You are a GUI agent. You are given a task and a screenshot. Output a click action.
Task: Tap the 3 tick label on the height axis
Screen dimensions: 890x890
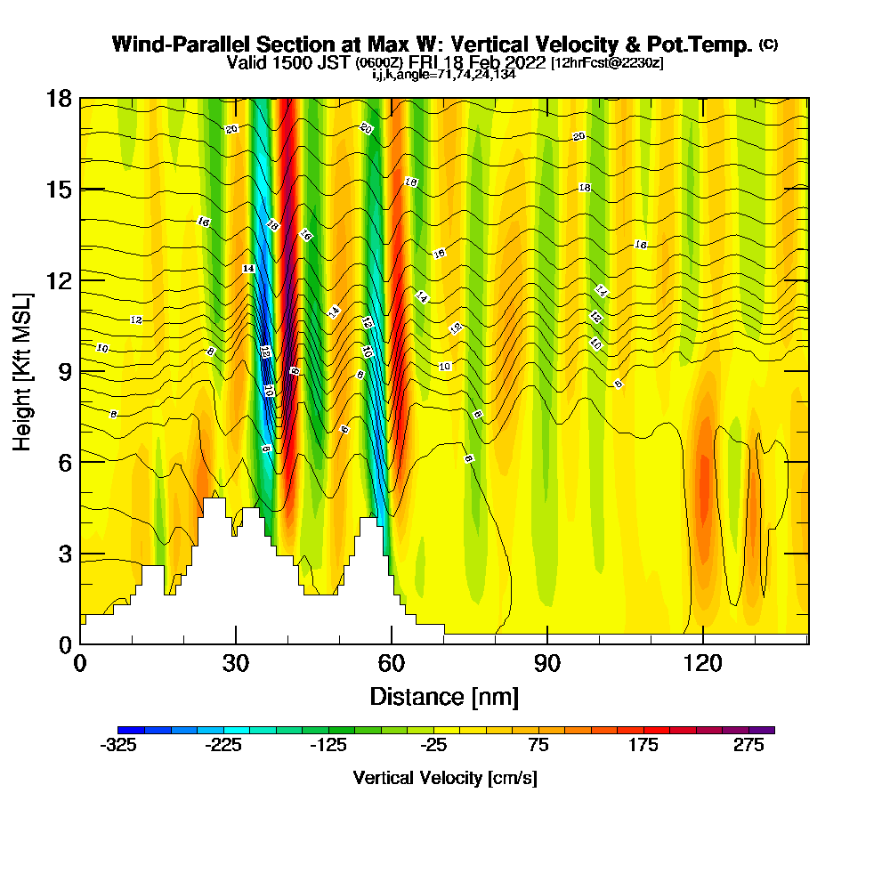[x=64, y=554]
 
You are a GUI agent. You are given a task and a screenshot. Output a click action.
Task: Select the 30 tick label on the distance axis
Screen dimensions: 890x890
[x=236, y=664]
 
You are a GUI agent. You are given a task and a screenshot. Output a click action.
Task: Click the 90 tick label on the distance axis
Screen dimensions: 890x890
[x=547, y=664]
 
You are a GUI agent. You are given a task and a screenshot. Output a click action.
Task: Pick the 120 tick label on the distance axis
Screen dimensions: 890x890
[x=703, y=664]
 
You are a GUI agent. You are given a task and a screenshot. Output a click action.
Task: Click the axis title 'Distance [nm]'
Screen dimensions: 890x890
[x=444, y=695]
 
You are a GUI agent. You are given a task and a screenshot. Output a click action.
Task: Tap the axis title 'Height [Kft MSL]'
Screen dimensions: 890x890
[x=22, y=371]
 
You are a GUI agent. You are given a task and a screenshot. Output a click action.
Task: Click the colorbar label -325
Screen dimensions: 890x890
[x=118, y=747]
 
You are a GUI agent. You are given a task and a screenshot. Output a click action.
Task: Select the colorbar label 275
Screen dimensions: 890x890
[x=748, y=747]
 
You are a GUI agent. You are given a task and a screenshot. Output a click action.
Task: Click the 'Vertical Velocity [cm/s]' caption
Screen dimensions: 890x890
[x=444, y=778]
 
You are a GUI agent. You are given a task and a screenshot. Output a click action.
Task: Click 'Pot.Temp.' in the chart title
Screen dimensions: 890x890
[x=703, y=44]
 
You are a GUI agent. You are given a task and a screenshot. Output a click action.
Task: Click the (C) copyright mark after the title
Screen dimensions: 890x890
[x=769, y=44]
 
